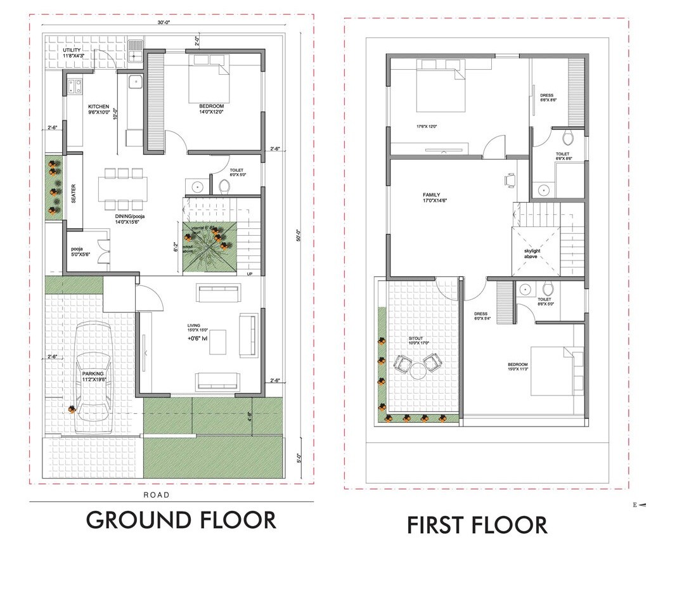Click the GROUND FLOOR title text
[x=181, y=520]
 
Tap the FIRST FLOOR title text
[x=477, y=525]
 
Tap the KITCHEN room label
[x=98, y=106]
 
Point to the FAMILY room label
[x=432, y=195]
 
